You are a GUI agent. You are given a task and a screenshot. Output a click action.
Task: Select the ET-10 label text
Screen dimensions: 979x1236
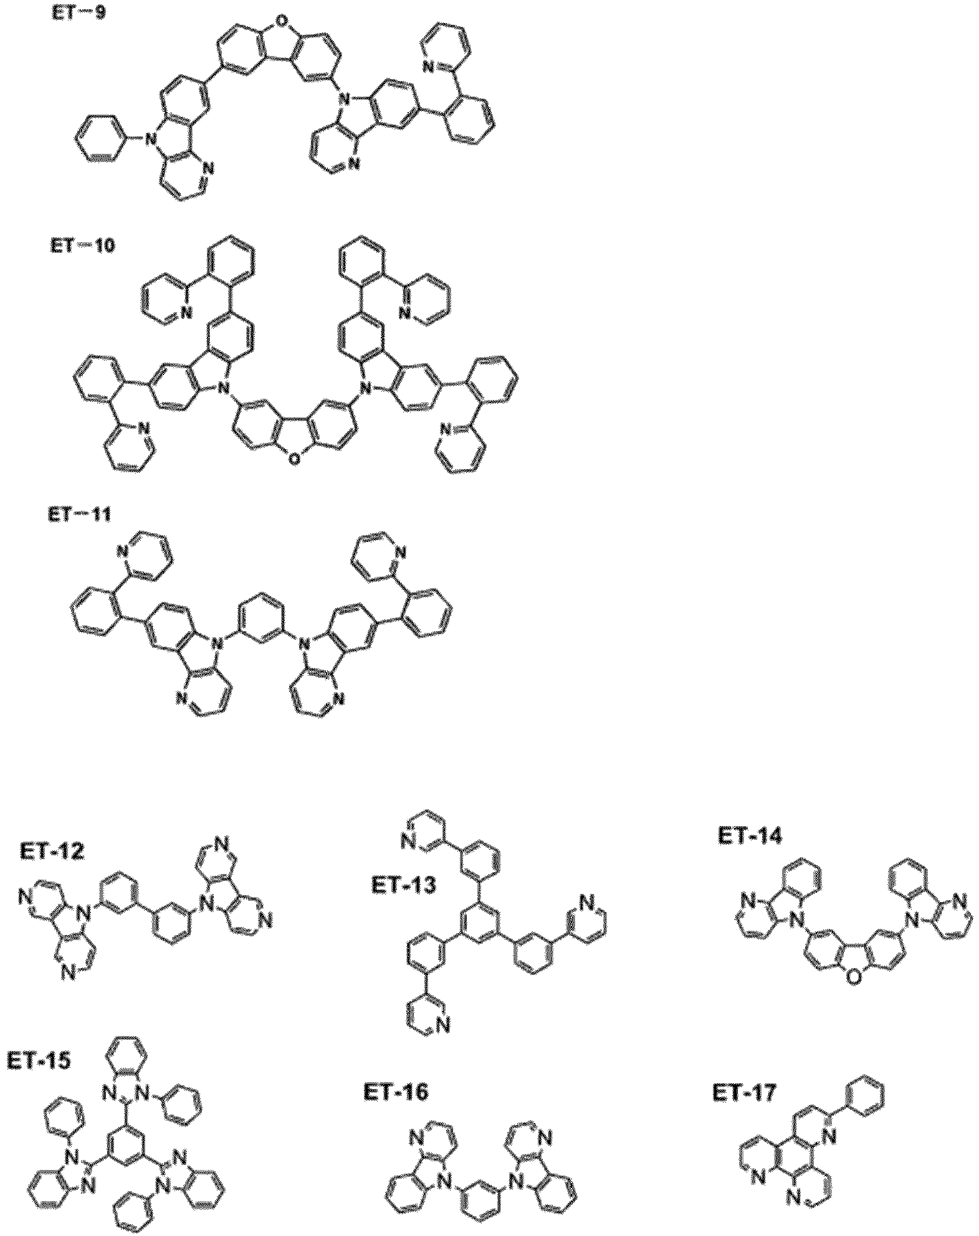[82, 245]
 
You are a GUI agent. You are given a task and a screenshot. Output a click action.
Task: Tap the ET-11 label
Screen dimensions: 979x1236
[79, 515]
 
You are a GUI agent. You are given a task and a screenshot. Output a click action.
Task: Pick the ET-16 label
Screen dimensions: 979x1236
[396, 1092]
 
